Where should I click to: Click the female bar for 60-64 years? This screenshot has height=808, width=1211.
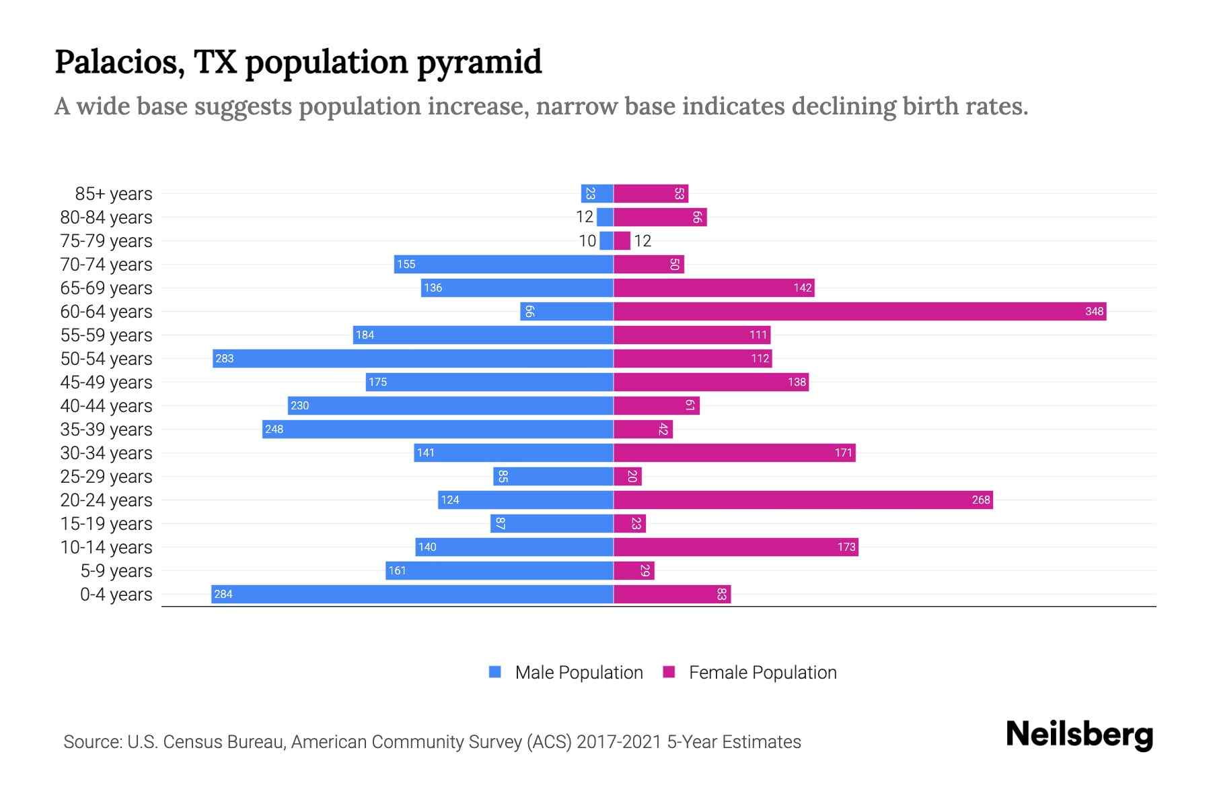(x=860, y=311)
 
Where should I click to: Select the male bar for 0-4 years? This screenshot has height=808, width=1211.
(x=412, y=594)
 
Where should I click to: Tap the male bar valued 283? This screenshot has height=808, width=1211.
(x=413, y=358)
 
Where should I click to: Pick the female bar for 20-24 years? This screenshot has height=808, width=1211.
(x=803, y=500)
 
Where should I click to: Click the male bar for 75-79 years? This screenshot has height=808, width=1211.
(x=606, y=240)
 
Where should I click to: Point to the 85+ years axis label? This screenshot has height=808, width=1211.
(x=113, y=194)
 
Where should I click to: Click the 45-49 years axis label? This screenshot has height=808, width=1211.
(x=106, y=382)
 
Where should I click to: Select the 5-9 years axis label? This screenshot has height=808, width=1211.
(x=116, y=571)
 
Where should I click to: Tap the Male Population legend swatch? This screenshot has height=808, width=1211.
(x=495, y=672)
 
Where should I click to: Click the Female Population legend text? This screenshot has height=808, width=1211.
(x=762, y=673)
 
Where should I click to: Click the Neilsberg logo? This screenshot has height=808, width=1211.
(x=1079, y=735)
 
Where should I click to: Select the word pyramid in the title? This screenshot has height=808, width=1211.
(x=479, y=63)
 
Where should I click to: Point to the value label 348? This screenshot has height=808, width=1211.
(x=1094, y=311)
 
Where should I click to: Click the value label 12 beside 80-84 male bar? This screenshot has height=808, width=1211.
(x=585, y=217)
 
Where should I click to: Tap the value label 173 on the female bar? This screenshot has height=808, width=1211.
(x=846, y=547)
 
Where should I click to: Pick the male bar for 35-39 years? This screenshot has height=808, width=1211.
(x=437, y=429)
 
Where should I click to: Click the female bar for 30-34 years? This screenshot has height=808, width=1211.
(x=734, y=452)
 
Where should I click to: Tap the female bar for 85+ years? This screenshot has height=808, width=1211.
(x=650, y=193)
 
